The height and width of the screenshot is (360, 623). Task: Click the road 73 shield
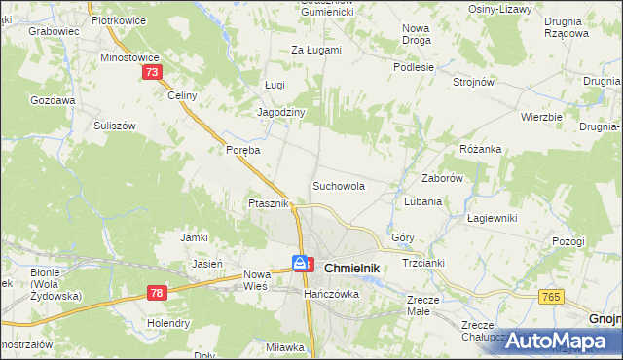click(x=151, y=73)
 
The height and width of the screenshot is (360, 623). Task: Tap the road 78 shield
click(x=158, y=292)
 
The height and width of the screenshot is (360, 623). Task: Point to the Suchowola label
click(x=338, y=185)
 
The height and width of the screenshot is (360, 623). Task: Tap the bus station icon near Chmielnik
click(x=303, y=263)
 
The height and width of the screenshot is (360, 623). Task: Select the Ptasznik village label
click(x=267, y=203)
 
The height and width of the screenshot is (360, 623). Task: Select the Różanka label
click(x=480, y=149)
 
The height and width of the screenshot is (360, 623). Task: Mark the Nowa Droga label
click(x=417, y=34)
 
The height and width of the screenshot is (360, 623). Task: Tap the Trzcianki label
click(x=423, y=265)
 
